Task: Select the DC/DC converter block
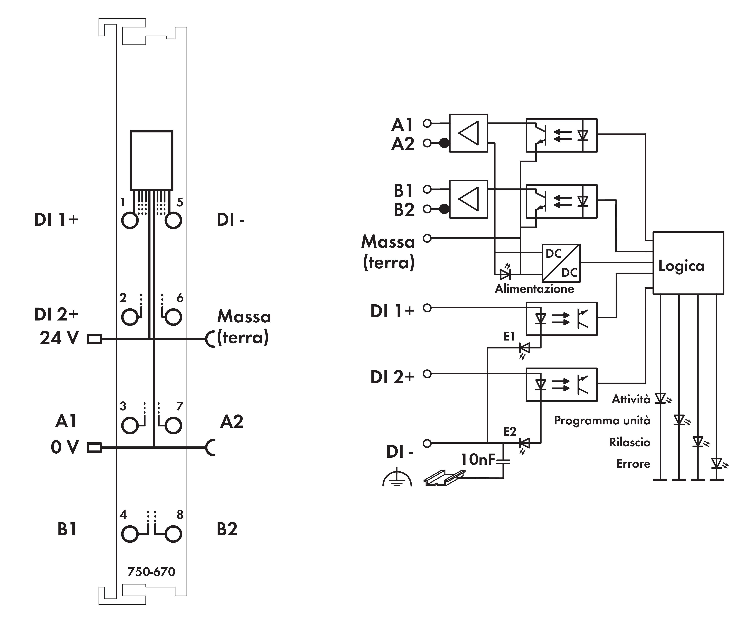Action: tap(561, 263)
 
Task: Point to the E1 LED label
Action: tap(509, 337)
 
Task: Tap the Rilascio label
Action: tap(630, 442)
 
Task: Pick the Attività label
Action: tap(631, 399)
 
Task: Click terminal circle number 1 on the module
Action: tap(130, 220)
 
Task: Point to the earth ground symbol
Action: tap(397, 477)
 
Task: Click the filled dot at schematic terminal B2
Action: tap(444, 209)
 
